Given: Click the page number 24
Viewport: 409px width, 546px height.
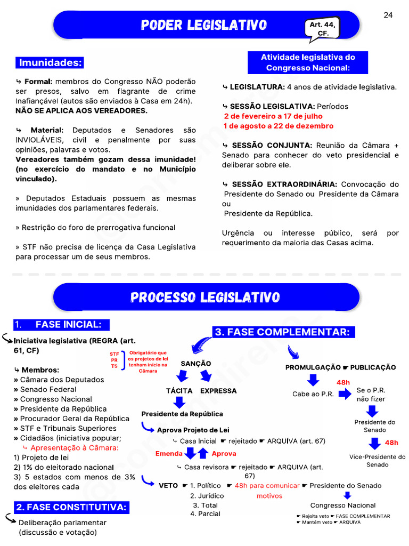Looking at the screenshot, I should click(388, 15).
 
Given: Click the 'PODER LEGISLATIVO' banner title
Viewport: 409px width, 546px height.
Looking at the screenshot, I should click(204, 25).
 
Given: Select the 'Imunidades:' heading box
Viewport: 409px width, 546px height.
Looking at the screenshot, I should click(51, 63).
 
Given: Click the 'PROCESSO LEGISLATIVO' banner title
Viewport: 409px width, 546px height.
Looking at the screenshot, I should click(205, 298).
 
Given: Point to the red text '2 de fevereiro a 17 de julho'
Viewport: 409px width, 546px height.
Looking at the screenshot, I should click(273, 116).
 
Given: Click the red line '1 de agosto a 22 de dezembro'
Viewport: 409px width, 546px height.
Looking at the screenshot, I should click(279, 126).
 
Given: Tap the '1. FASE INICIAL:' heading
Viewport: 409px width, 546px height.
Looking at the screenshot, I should click(61, 325).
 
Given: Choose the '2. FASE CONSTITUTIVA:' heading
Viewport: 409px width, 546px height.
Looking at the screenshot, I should click(71, 507).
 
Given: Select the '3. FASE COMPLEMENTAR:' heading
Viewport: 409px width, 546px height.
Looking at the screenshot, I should click(283, 332).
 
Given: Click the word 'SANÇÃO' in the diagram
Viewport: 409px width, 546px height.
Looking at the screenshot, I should click(196, 364).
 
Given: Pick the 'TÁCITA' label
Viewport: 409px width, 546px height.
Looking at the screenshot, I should click(179, 391).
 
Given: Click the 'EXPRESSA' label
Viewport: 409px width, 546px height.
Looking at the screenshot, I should click(218, 391).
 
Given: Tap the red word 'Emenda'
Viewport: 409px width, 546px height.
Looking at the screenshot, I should click(169, 454).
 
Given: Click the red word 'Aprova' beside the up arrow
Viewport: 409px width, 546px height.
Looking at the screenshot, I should click(224, 454).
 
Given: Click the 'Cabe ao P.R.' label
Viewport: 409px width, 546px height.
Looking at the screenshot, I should click(313, 395).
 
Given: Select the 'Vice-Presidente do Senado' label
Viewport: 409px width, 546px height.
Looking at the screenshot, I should click(378, 461).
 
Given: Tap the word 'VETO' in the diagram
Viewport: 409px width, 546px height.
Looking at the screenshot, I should click(168, 486).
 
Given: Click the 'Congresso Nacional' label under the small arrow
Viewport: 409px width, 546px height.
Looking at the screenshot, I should click(343, 505).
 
